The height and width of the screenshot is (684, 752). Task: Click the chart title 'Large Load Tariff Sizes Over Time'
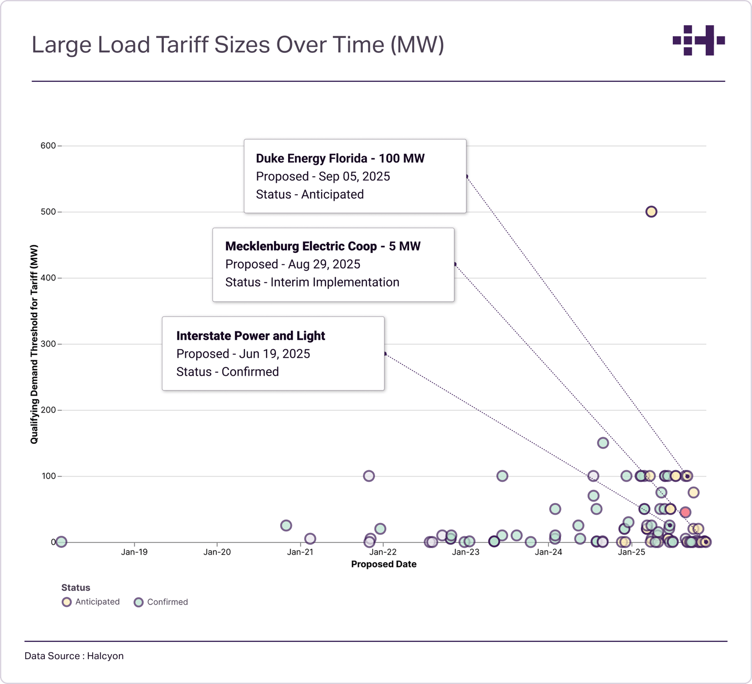coord(238,45)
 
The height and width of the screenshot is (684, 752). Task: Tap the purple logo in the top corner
coord(699,40)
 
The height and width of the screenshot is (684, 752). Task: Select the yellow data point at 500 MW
coord(651,212)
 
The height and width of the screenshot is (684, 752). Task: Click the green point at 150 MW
coord(603,443)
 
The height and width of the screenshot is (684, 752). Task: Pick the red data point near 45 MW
coord(685,512)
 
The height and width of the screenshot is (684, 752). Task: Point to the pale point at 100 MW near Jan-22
coord(369,476)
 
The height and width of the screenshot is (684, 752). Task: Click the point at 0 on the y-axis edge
coord(62,541)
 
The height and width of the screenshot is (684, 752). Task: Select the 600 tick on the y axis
coord(48,146)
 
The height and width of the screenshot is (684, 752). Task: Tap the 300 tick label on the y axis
coord(48,344)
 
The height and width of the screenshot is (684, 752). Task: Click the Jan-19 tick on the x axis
coord(134,552)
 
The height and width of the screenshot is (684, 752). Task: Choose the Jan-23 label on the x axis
coord(466,552)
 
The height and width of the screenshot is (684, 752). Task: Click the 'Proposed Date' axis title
coord(384,564)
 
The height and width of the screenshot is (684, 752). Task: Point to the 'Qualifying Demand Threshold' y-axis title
coord(34,344)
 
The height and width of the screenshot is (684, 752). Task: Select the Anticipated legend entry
coord(91,602)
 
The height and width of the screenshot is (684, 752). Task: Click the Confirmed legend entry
coord(162,602)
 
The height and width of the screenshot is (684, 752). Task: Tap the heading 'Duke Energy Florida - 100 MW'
coord(340,158)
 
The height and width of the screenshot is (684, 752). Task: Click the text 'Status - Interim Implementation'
coord(312,282)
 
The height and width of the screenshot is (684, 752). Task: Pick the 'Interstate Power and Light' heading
coord(251,336)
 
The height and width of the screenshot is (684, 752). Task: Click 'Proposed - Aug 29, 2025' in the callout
coord(293,264)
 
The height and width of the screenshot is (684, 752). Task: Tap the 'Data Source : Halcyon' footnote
coord(74,656)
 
